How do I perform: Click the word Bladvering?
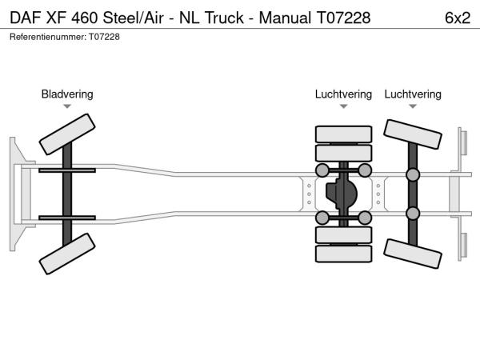click(x=67, y=94)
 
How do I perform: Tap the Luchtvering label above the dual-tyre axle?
click(x=343, y=94)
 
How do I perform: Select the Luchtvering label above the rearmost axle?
click(x=413, y=94)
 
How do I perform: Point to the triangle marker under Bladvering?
click(x=67, y=106)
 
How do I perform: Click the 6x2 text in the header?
click(x=456, y=17)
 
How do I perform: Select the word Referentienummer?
click(x=47, y=37)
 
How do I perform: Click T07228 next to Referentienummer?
click(x=104, y=37)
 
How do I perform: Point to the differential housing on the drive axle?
click(x=343, y=194)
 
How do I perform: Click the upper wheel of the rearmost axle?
click(x=413, y=134)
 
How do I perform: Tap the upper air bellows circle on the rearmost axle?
click(x=413, y=175)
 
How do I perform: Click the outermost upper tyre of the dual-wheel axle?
click(x=343, y=134)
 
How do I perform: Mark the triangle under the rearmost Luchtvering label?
click(x=413, y=106)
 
